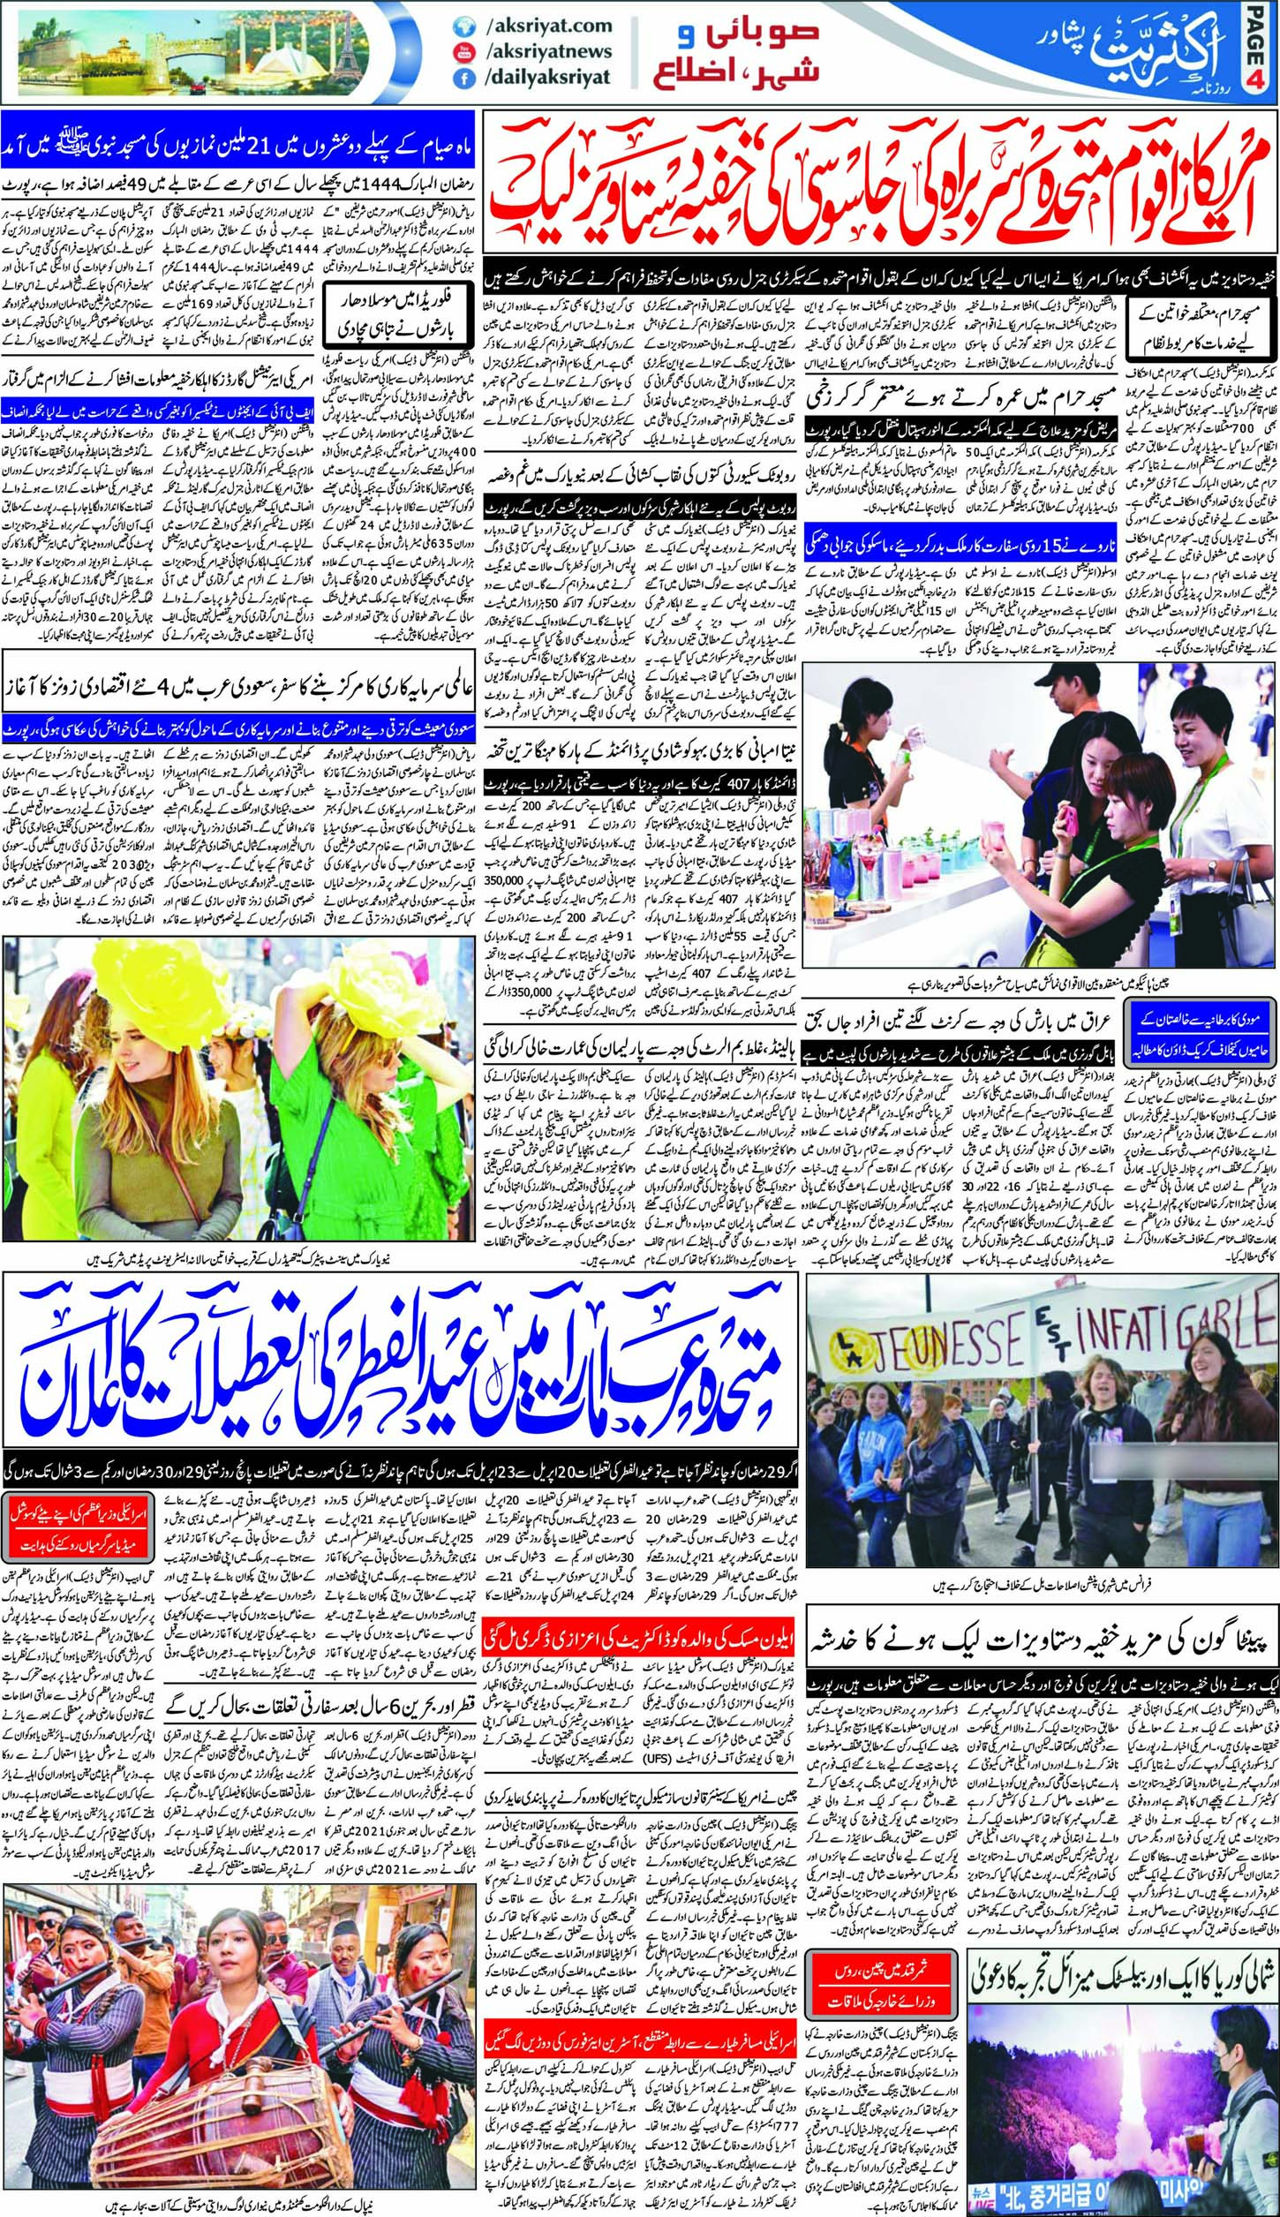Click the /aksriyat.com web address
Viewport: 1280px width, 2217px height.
pyautogui.click(x=548, y=26)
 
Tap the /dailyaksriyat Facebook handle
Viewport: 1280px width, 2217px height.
pyautogui.click(x=547, y=78)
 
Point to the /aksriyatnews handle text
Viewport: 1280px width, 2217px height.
pyautogui.click(x=548, y=52)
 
